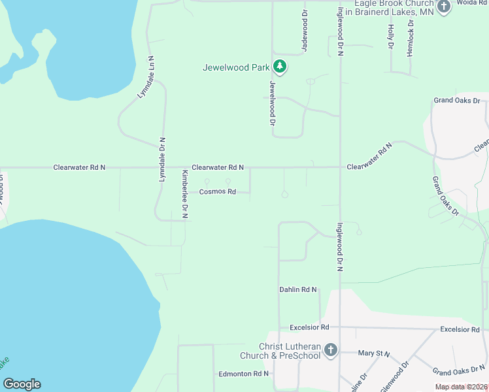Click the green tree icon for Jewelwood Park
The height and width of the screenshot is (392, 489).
[280, 66]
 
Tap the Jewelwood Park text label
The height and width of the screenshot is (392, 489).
[236, 67]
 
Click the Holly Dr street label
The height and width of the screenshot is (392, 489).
[390, 37]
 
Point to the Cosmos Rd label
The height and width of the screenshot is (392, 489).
[217, 191]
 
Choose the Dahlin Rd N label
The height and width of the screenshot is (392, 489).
[297, 289]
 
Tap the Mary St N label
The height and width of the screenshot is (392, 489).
[374, 353]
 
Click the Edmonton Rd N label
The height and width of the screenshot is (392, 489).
[244, 374]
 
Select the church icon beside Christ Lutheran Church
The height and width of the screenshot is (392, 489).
[330, 351]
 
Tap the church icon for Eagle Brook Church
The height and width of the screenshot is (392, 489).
[444, 7]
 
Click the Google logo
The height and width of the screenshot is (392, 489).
[22, 384]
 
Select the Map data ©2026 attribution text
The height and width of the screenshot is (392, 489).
[462, 387]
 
